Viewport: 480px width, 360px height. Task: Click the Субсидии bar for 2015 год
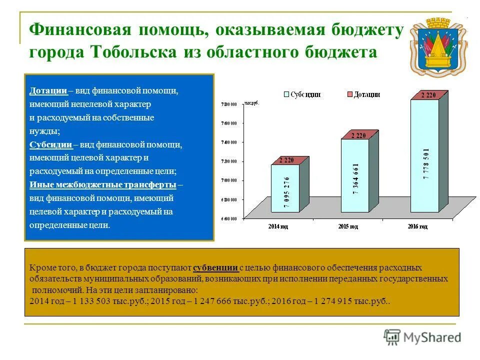point(355,175)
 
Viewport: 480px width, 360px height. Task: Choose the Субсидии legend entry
point(302,94)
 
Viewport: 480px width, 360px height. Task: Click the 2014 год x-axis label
point(278,226)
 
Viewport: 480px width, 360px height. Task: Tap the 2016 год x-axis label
point(417,226)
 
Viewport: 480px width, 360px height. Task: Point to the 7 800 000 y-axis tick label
point(227,104)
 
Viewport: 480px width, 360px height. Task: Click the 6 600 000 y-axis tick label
point(227,219)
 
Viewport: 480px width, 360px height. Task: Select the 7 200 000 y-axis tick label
point(227,162)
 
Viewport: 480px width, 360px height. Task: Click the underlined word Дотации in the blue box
point(48,91)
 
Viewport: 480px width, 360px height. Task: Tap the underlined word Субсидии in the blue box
point(51,144)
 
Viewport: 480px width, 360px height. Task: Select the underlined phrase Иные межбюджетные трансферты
point(103,184)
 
